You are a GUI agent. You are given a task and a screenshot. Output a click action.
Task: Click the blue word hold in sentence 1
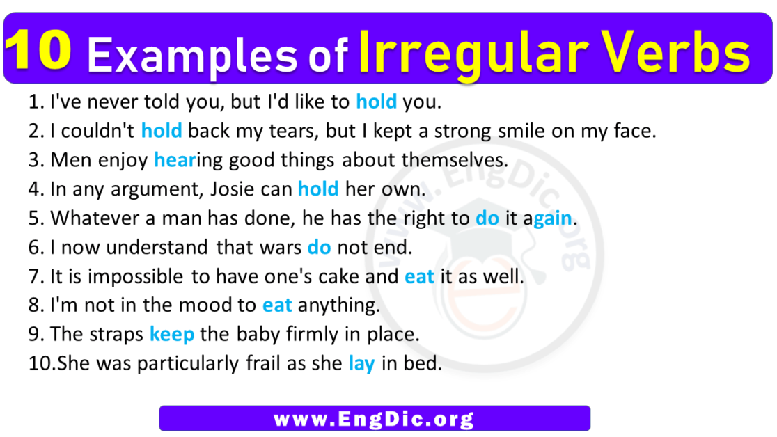pyautogui.click(x=376, y=102)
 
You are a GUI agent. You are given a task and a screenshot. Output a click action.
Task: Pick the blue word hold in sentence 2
pyautogui.click(x=162, y=130)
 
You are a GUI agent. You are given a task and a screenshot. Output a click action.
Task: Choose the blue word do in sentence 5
pyautogui.click(x=487, y=218)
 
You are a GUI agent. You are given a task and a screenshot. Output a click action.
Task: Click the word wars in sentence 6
pyautogui.click(x=280, y=247)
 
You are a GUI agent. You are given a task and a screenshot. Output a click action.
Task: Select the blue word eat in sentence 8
pyautogui.click(x=277, y=305)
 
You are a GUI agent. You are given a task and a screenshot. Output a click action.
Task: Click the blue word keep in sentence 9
pyautogui.click(x=172, y=335)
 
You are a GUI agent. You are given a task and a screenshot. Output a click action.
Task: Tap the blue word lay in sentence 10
pyautogui.click(x=361, y=364)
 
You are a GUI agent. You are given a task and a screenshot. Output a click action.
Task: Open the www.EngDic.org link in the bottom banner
pyautogui.click(x=374, y=419)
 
